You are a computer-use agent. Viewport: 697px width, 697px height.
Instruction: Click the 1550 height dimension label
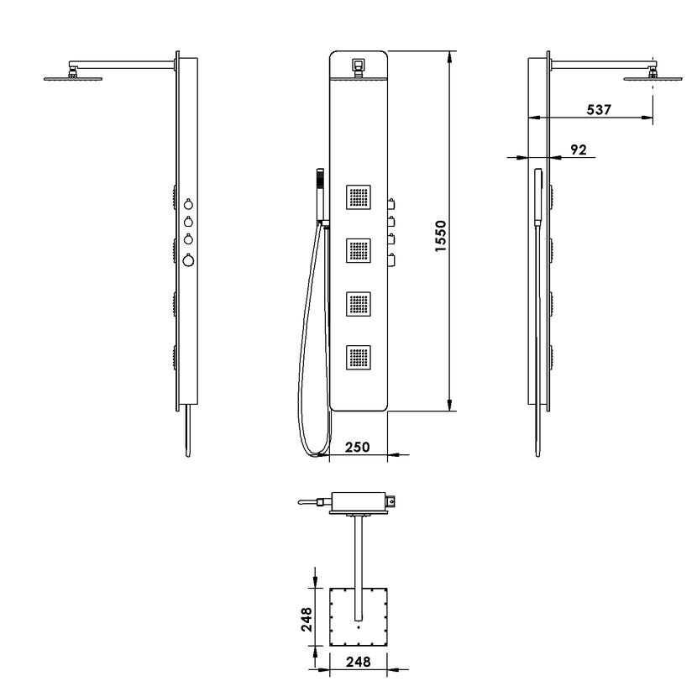440,236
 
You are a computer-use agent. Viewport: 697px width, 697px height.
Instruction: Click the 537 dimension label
599,109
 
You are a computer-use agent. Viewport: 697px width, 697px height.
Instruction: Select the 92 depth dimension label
579,149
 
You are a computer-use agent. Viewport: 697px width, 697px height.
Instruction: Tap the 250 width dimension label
358,447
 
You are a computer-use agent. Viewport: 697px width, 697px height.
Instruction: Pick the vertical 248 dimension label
307,619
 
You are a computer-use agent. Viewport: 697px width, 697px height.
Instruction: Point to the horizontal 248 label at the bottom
358,662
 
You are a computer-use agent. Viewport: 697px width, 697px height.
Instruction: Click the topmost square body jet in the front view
359,197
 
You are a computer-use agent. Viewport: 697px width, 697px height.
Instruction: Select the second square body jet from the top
359,251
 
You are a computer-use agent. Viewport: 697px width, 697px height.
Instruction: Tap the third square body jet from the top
359,304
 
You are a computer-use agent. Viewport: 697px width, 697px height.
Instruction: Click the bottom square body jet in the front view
359,358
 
